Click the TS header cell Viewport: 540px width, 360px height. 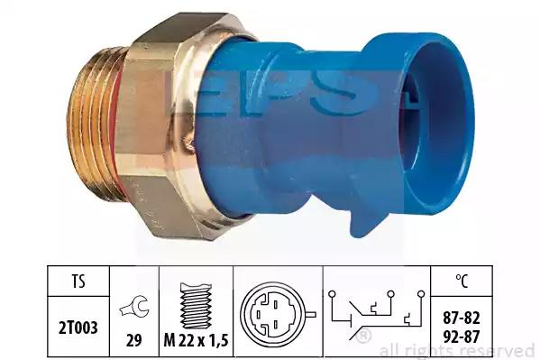pos(78,282)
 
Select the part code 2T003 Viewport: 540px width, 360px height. pos(78,328)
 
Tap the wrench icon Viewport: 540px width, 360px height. pos(134,307)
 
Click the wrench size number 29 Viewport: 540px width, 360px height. pos(134,340)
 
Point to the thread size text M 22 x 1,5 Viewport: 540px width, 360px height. pos(196,340)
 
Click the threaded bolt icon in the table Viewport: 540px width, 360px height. pos(196,305)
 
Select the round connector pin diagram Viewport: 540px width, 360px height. pos(276,314)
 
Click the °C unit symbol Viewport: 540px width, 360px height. pos(462,282)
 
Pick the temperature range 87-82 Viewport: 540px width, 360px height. pos(462,318)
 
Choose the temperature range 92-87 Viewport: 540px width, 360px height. pos(462,337)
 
